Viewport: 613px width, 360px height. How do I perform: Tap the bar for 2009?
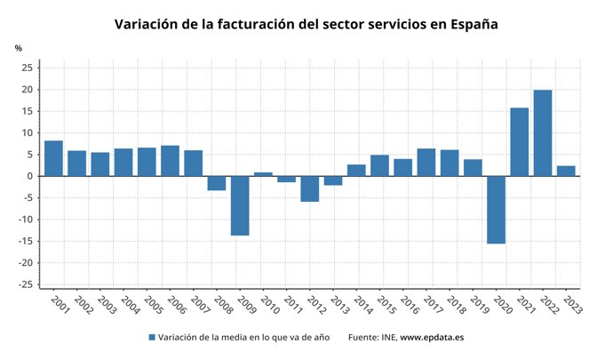pyautogui.click(x=240, y=205)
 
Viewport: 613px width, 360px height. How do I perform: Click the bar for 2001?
pyautogui.click(x=53, y=158)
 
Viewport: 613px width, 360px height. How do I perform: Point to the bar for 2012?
pyautogui.click(x=309, y=188)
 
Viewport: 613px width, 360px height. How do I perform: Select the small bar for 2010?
pyautogui.click(x=263, y=174)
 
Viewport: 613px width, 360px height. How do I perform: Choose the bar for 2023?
pyautogui.click(x=566, y=171)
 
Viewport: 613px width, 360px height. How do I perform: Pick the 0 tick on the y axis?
pyautogui.click(x=30, y=176)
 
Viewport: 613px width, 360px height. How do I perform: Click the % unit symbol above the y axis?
pyautogui.click(x=18, y=48)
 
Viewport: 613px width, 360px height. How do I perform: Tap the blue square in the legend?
pyautogui.click(x=151, y=338)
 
